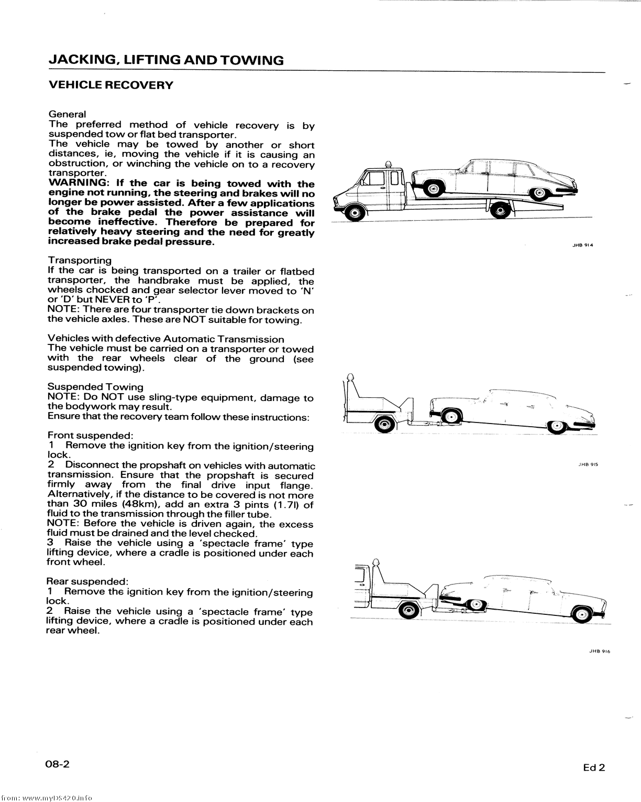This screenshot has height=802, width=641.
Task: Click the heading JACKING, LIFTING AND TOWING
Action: point(165,60)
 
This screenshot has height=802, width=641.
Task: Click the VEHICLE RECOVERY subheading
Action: point(110,85)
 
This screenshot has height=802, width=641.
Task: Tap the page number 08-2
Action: point(57,764)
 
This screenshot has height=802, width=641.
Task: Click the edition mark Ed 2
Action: point(594,768)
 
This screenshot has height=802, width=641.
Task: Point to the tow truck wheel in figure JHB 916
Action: point(407,611)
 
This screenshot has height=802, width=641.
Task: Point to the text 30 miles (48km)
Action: point(100,504)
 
